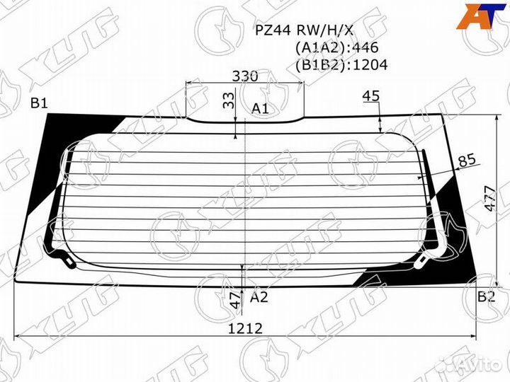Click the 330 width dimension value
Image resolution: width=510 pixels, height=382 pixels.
pyautogui.click(x=244, y=76)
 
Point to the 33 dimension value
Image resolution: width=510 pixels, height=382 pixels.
pyautogui.click(x=228, y=101)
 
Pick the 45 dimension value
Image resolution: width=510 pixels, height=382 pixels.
pyautogui.click(x=371, y=96)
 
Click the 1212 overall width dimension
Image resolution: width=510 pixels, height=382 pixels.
pyautogui.click(x=245, y=328)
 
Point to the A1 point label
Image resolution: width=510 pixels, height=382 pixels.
pyautogui.click(x=261, y=108)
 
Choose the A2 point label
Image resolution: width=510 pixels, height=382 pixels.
pyautogui.click(x=259, y=297)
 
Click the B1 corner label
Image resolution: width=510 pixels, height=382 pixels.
pyautogui.click(x=39, y=105)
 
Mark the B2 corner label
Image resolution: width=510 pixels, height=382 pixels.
pyautogui.click(x=485, y=296)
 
